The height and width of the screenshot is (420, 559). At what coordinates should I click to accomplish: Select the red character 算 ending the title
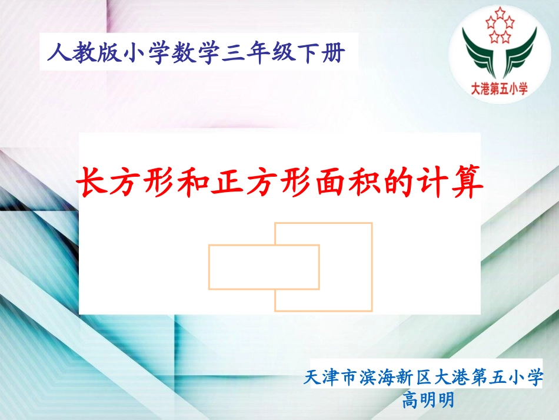pos(464,181)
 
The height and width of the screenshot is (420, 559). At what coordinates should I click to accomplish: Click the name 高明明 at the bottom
pos(428,401)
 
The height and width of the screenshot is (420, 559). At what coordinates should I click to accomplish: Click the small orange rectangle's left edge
pos(209,267)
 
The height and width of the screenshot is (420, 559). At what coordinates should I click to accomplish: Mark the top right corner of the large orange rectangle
pos(372,223)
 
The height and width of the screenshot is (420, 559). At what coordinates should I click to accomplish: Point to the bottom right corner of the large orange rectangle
pos(372,310)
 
